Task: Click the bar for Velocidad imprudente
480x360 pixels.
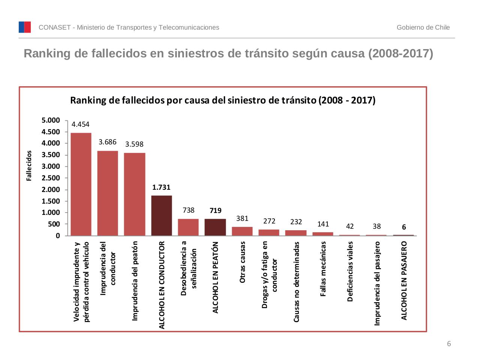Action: tap(81, 184)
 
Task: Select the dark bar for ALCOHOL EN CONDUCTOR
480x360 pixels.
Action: tap(162, 216)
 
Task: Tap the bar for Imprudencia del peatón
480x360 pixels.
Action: tap(135, 194)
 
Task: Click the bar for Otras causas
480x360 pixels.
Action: tap(242, 231)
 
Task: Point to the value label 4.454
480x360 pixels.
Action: tap(81, 124)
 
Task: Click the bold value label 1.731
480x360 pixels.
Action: tap(161, 187)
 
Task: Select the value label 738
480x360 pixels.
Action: tap(188, 210)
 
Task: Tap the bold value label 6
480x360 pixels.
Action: tap(404, 227)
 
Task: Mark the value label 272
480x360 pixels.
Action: tap(269, 221)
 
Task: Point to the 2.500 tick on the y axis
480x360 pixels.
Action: tap(51, 178)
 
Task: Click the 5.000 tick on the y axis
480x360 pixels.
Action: tap(51, 120)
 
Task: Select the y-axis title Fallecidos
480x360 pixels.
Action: tap(29, 166)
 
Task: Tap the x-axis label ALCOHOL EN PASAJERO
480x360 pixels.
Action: tap(404, 280)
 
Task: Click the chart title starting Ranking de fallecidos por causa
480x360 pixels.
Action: tap(223, 100)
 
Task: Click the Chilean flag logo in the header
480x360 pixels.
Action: tap(25, 27)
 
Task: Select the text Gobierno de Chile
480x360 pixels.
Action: tap(423, 27)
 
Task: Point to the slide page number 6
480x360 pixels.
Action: tap(449, 344)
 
